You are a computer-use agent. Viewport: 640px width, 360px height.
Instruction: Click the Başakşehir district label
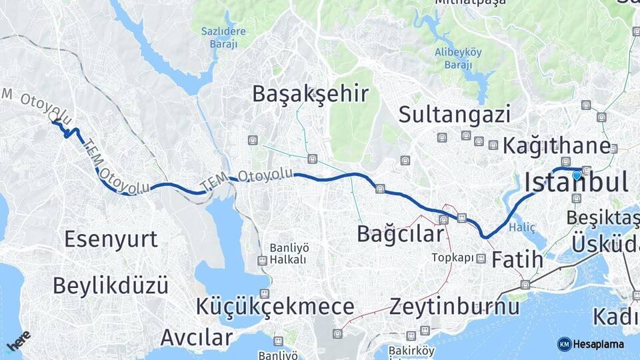310,94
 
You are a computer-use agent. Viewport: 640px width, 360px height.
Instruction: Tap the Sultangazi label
454,114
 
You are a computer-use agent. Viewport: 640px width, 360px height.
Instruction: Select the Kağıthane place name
556,146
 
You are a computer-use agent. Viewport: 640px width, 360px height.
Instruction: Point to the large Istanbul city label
577,182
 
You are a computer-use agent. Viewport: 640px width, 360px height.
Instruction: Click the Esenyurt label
111,239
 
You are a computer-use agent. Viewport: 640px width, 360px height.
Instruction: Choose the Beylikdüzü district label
110,285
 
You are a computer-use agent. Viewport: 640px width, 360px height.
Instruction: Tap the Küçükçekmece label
275,307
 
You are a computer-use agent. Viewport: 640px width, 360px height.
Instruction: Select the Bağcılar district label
400,234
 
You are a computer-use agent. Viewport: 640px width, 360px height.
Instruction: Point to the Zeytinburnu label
455,307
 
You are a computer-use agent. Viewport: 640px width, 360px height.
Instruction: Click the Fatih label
517,259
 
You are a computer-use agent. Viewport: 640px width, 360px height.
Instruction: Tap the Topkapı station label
453,257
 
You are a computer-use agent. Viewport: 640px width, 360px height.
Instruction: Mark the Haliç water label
522,227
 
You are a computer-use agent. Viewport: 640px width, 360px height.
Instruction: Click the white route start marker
54,117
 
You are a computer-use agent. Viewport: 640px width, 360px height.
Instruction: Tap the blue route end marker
576,175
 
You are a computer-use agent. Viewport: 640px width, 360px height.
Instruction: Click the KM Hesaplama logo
591,344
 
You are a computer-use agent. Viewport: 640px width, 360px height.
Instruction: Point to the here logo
18,341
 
